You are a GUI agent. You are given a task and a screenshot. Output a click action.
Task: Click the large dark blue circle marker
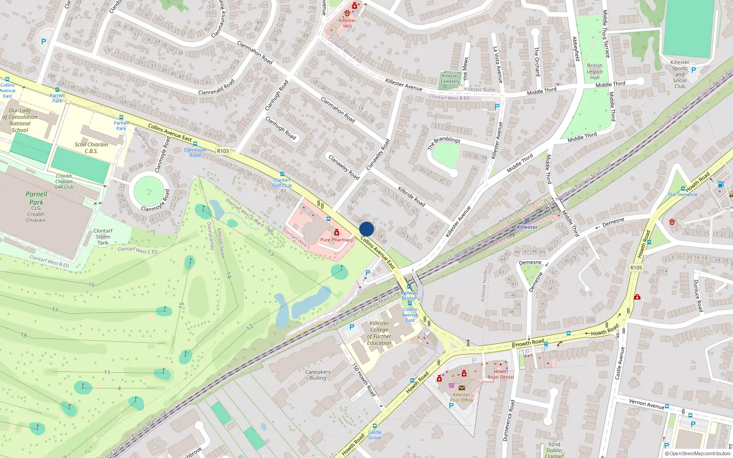pos(366,229)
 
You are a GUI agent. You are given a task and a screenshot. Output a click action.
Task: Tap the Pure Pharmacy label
pos(337,240)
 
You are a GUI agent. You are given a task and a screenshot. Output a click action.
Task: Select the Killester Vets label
pos(347,23)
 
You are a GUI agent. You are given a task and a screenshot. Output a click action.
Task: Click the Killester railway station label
pos(527,227)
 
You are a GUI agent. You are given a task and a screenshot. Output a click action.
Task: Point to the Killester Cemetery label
pos(450,79)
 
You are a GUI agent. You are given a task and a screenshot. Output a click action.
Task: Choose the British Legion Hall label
pos(595,71)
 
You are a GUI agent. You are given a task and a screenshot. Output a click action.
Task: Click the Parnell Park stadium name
pos(36,198)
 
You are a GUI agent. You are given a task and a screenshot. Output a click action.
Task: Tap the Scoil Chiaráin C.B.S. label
pos(91,147)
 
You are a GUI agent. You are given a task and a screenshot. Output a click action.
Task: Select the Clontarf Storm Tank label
pos(103,237)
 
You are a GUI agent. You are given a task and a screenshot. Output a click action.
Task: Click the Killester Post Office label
pos(461,397)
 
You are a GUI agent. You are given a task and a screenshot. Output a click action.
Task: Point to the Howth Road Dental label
pos(500,374)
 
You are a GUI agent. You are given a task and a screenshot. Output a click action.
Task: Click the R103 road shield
pos(223,151)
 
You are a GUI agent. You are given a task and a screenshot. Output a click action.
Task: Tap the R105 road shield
pos(636,267)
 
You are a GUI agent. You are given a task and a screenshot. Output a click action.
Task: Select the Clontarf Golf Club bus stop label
pos(282,183)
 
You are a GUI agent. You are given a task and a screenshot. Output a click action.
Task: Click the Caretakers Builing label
pos(317,375)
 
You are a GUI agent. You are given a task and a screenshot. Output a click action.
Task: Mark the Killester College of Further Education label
pos(379,333)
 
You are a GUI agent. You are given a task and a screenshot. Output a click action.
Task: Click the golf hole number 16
pos(92,285)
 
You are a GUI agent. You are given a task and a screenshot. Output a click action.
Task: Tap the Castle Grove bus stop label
pos(374,435)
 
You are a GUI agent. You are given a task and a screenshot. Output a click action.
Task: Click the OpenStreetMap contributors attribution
pos(698,453)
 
